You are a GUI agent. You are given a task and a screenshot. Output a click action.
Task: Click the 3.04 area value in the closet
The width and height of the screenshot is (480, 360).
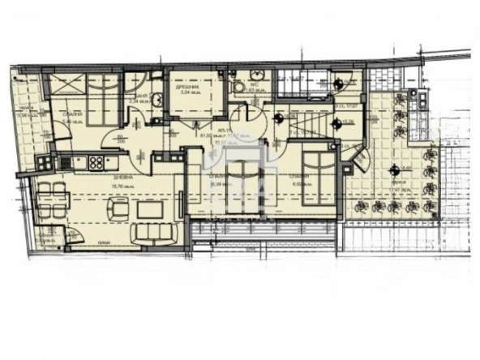[x=190, y=92]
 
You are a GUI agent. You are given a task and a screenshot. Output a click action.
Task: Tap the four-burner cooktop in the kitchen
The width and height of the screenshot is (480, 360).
[x=96, y=162]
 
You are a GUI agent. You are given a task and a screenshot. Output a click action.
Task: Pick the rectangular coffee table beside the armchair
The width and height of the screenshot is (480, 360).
[x=150, y=209]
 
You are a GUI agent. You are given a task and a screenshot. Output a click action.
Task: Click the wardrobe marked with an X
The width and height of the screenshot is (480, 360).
[x=65, y=84]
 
